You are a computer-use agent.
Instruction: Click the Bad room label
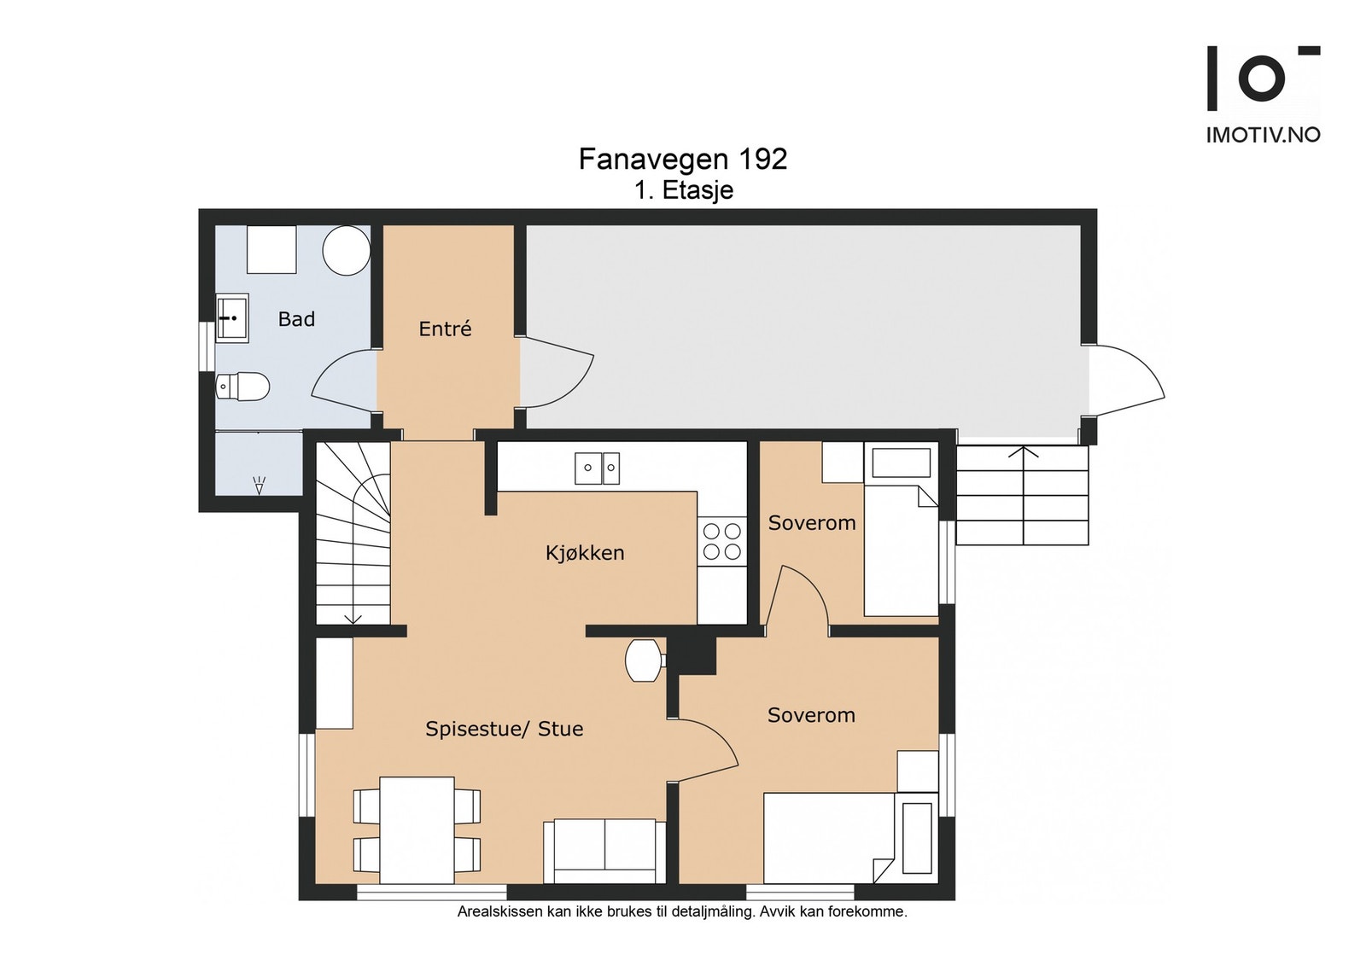click(x=296, y=319)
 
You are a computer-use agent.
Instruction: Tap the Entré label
click(x=445, y=329)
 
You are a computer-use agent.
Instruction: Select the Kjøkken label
click(x=585, y=553)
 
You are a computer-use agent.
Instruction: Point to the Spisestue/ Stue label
click(x=505, y=729)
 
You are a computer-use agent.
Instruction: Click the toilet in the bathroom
click(x=242, y=386)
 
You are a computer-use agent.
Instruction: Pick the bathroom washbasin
click(x=231, y=317)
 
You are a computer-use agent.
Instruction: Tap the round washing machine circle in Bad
click(x=347, y=251)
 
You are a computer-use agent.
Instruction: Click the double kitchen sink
click(x=598, y=468)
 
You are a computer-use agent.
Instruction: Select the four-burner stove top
click(x=722, y=541)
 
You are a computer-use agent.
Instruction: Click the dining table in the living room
click(x=417, y=830)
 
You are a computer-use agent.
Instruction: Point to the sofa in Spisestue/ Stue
click(x=604, y=852)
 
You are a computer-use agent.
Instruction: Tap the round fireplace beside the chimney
click(x=644, y=660)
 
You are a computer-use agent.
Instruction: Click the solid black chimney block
click(x=695, y=655)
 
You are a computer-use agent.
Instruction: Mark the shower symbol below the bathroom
click(x=260, y=485)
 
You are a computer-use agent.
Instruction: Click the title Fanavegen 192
click(x=683, y=160)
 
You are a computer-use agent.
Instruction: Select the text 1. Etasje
click(x=684, y=191)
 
